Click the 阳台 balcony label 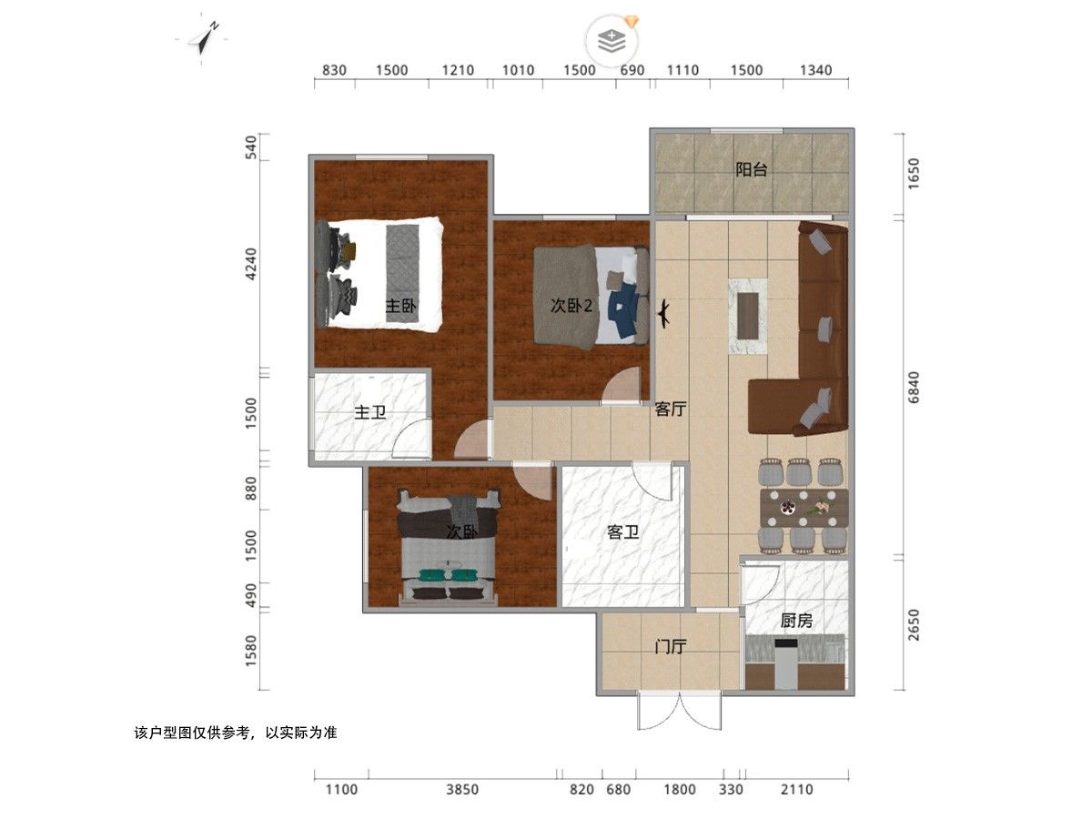pos(752,170)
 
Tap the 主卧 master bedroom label pos(401,306)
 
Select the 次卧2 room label pos(571,306)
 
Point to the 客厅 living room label pos(670,409)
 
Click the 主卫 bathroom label pos(369,412)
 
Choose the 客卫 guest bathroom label pos(622,532)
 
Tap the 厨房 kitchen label pos(796,620)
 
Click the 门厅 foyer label pos(670,647)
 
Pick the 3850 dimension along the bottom pos(461,789)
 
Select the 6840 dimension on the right pos(914,387)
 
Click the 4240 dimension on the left pos(251,264)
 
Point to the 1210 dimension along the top pos(458,70)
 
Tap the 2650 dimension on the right pos(914,624)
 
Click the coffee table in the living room pos(747,317)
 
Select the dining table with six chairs pos(804,507)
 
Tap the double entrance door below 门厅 pos(680,710)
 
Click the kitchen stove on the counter pos(786,664)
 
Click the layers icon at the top pos(612,41)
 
